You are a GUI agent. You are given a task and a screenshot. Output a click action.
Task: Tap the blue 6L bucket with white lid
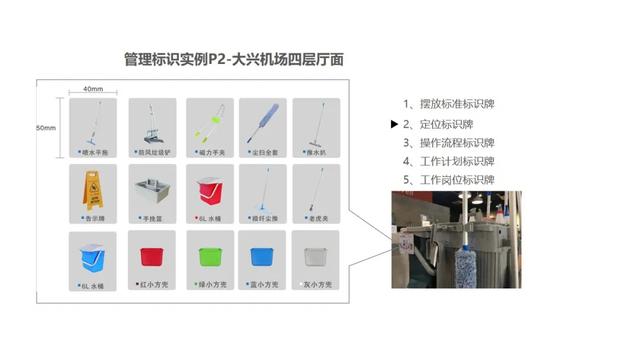point(92,257)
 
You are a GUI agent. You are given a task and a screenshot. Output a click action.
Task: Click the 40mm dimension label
point(93,89)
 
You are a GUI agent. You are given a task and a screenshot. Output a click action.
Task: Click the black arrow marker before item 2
point(394,124)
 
